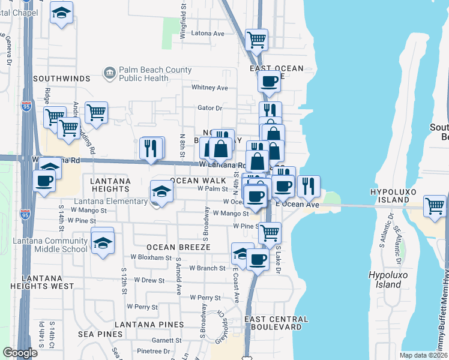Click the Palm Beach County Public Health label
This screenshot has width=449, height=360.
155,74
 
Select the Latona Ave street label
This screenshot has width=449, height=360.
208,34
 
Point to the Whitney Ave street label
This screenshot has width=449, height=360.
209,88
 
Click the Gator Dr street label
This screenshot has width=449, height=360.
210,109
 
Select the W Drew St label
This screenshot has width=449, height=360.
149,280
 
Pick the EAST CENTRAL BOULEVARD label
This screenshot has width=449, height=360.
277,323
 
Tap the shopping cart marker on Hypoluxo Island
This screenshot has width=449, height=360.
435,206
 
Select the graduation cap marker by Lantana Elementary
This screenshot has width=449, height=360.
161,191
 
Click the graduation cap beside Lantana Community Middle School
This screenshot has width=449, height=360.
103,243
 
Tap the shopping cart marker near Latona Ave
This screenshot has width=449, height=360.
256,40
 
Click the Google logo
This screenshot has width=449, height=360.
19,353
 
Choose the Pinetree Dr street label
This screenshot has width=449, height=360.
153,351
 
